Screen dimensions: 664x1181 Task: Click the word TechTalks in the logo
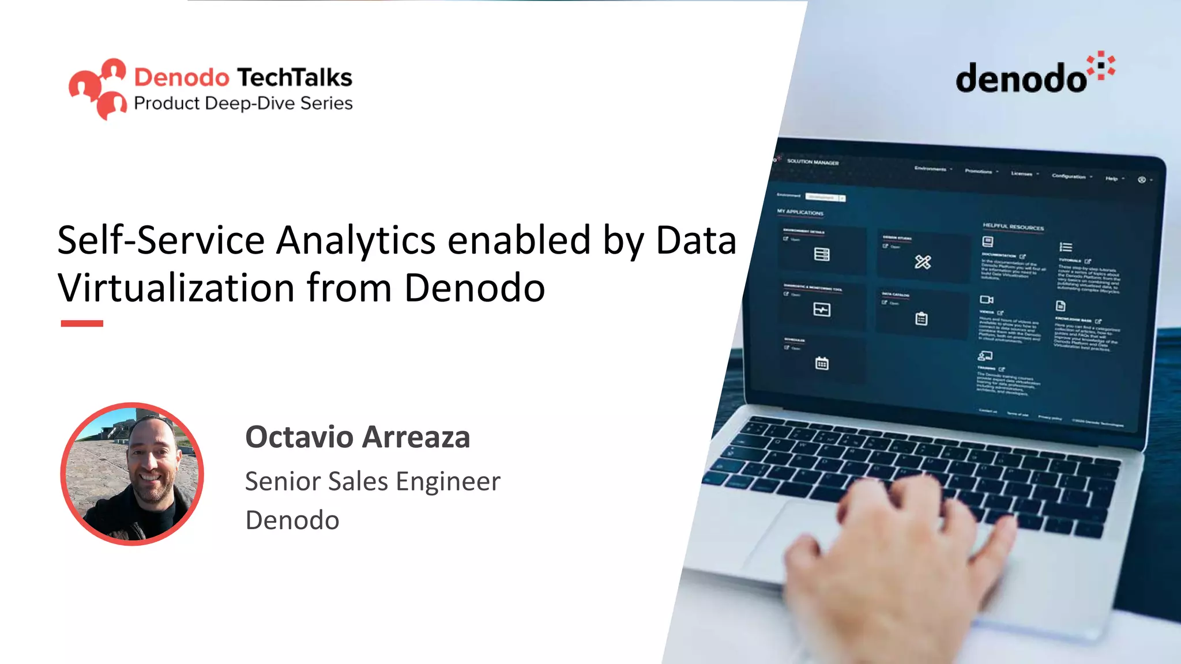coord(295,77)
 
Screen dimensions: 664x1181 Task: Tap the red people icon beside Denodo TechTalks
coord(97,88)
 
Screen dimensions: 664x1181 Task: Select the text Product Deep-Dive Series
coord(243,103)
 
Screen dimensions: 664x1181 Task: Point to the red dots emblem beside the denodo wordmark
coord(1101,66)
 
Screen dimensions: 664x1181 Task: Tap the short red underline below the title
coord(82,324)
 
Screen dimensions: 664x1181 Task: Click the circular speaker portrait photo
coord(132,474)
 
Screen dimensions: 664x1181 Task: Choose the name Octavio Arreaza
coord(358,437)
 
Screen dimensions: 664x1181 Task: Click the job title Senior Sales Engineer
coord(373,481)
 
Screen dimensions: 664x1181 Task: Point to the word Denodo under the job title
coord(292,520)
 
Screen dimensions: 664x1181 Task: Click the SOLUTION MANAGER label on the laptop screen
coord(813,162)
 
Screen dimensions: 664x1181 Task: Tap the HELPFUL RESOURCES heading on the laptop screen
coord(1013,227)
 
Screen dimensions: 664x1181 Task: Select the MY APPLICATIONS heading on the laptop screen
coord(800,212)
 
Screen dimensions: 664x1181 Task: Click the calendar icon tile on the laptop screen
coord(822,363)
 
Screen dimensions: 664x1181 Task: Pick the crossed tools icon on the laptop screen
coord(923,262)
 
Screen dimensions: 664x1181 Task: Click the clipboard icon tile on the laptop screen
coord(921,319)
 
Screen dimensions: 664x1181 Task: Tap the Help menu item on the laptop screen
coord(1111,179)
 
